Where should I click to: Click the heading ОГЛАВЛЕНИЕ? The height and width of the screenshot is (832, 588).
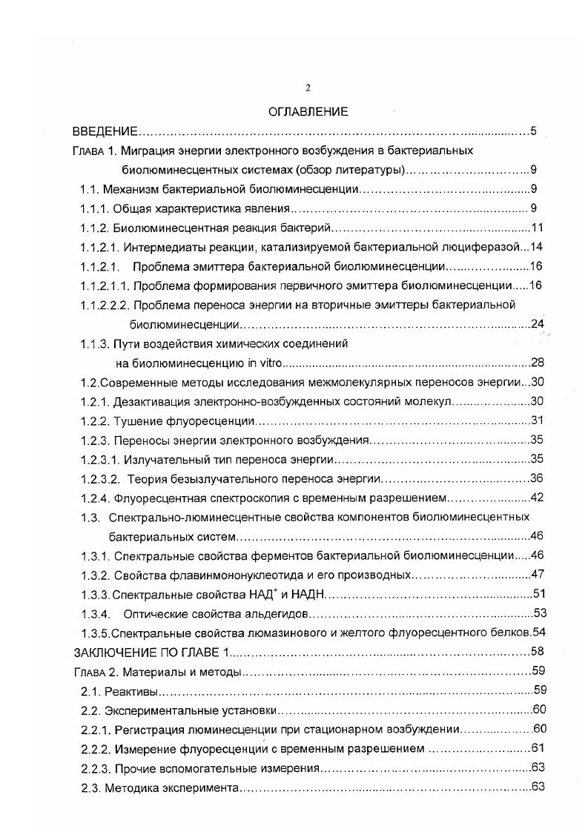point(308,112)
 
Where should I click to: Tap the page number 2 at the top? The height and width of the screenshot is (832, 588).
point(308,88)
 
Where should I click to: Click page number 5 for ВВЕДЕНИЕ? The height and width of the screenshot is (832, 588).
point(533,132)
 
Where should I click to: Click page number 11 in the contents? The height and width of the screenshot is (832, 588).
point(538,228)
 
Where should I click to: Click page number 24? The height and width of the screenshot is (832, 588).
point(538,324)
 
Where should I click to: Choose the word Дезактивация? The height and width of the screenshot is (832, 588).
point(149,401)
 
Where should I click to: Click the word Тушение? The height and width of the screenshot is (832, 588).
point(136,420)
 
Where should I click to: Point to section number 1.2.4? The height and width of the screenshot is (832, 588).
point(95,498)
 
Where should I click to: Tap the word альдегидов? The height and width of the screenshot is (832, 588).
point(277,613)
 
